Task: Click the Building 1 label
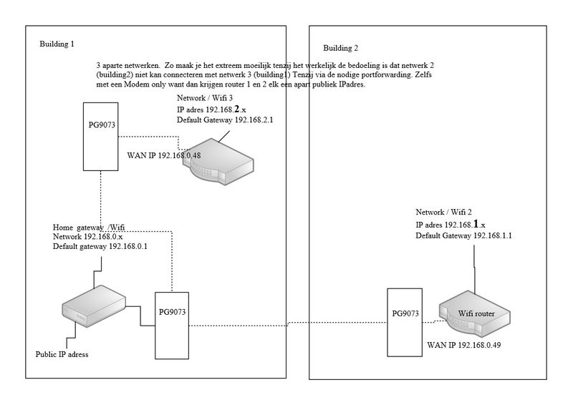pos(57,44)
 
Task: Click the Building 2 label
pos(341,49)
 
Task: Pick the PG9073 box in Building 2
pos(405,322)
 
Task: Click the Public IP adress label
pos(62,354)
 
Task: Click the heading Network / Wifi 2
pos(443,213)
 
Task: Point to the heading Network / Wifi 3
pos(205,98)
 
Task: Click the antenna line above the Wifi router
pos(475,272)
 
